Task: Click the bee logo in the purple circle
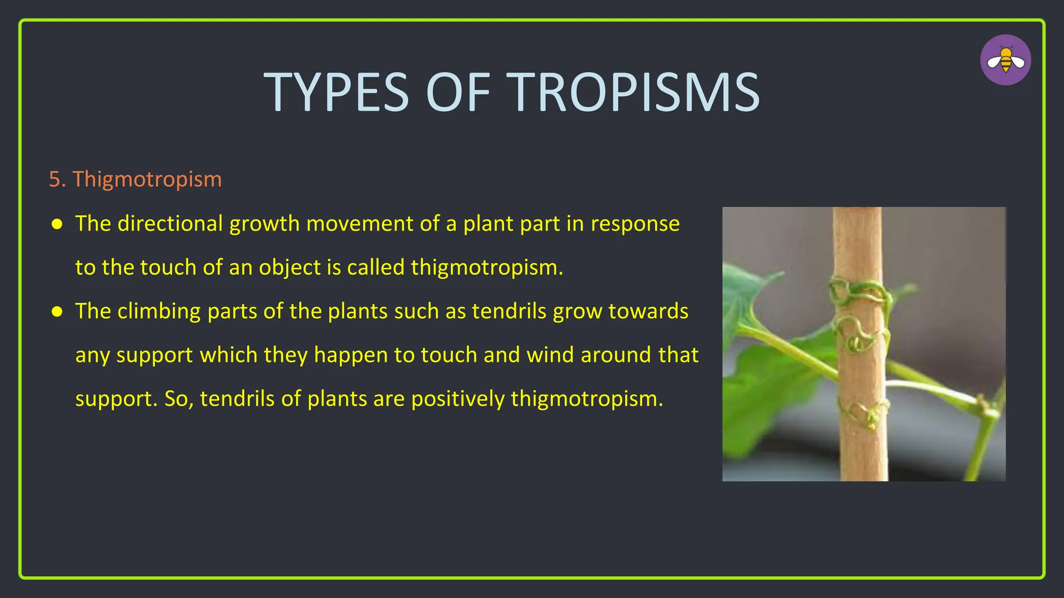coord(1005,60)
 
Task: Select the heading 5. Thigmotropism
coord(135,179)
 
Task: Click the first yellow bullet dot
coord(57,224)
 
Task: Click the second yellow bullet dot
coord(57,311)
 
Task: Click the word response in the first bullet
coord(635,224)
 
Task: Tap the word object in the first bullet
coord(290,268)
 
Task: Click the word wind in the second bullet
coord(550,355)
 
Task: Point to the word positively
coord(458,399)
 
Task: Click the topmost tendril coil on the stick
coord(857,294)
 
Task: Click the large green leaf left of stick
coord(769,384)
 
